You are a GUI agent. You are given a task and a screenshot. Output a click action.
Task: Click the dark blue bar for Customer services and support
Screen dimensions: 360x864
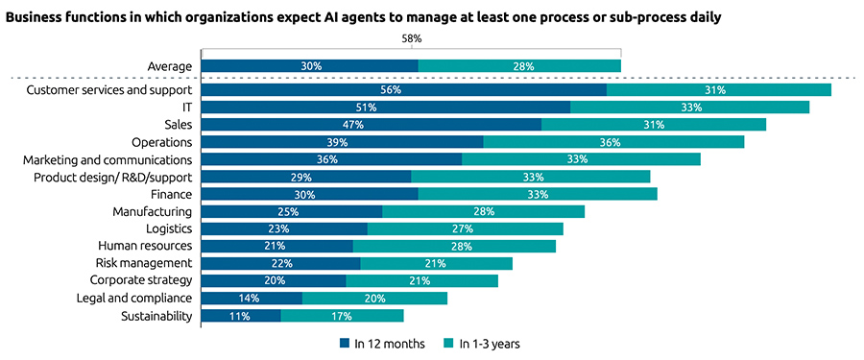[x=403, y=90]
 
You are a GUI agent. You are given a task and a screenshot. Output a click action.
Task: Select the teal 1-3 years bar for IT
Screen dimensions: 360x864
[x=689, y=108]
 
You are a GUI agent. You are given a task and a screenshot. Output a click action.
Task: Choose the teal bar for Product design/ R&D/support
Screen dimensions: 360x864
[x=531, y=177]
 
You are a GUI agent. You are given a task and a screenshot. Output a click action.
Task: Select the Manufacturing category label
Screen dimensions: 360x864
[x=152, y=211]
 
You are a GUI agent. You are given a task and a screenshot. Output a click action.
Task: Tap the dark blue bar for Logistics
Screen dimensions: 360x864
[x=283, y=228]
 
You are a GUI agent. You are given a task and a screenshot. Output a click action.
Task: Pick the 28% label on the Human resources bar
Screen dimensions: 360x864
[x=454, y=246]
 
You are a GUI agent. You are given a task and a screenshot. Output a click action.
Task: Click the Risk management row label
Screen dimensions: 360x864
[x=143, y=263]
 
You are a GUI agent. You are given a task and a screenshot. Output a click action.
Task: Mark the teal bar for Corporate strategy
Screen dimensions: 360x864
[x=421, y=280]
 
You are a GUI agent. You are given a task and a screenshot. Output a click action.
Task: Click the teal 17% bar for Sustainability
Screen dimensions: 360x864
[x=342, y=315]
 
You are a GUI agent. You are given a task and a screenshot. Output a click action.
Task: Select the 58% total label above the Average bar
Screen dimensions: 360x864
[x=411, y=39]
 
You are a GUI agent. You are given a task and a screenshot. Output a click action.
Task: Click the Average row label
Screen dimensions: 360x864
[x=170, y=66]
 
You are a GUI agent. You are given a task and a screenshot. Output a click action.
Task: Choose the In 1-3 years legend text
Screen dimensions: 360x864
[x=490, y=343]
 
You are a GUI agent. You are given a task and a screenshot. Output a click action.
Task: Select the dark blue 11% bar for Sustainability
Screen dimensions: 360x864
[x=240, y=315]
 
